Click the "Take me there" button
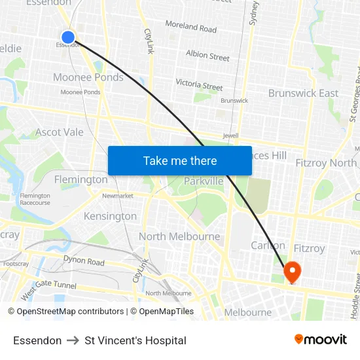[180, 160]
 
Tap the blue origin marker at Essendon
[68, 37]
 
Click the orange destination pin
[291, 271]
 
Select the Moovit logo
[320, 340]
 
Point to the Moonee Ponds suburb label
[88, 77]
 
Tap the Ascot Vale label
[60, 132]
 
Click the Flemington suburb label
[81, 179]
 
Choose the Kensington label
[110, 216]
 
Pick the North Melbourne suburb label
[179, 236]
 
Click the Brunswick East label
[303, 93]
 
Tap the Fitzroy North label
[326, 163]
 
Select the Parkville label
[204, 181]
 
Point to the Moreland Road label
[190, 27]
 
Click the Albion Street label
[207, 56]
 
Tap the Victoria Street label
[199, 84]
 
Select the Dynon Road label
[84, 261]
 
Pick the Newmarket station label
[117, 196]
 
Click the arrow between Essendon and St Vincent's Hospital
[73, 340]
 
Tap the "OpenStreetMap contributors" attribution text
[70, 312]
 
